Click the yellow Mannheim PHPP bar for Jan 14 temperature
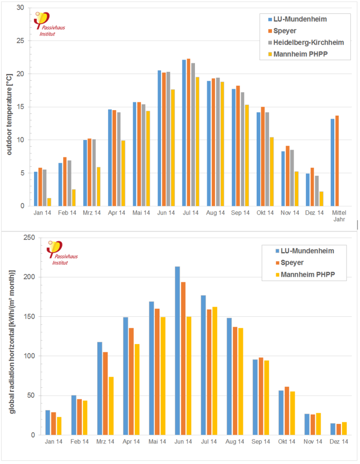click(x=49, y=202)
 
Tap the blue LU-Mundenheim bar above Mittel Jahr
click(x=333, y=162)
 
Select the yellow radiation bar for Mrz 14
click(x=111, y=406)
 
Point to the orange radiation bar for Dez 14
click(x=338, y=430)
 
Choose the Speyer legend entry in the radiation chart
click(x=290, y=262)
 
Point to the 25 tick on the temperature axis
click(x=21, y=41)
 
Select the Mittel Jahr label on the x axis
click(x=339, y=216)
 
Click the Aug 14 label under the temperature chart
click(x=214, y=212)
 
